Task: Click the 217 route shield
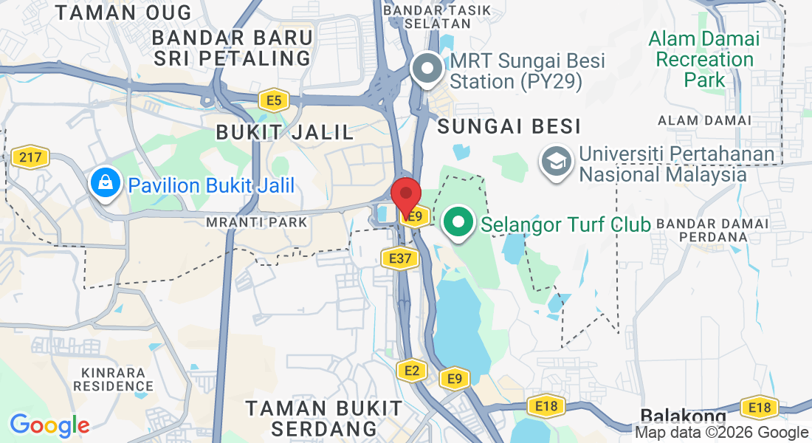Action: click(30, 157)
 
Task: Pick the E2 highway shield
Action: click(411, 371)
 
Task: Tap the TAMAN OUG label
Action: click(123, 13)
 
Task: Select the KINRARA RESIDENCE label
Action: click(113, 379)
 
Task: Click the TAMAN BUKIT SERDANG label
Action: click(324, 418)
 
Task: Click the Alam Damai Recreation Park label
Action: click(704, 59)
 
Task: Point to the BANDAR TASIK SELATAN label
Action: click(427, 16)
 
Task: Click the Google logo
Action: click(49, 425)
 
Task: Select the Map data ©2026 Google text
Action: click(721, 433)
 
